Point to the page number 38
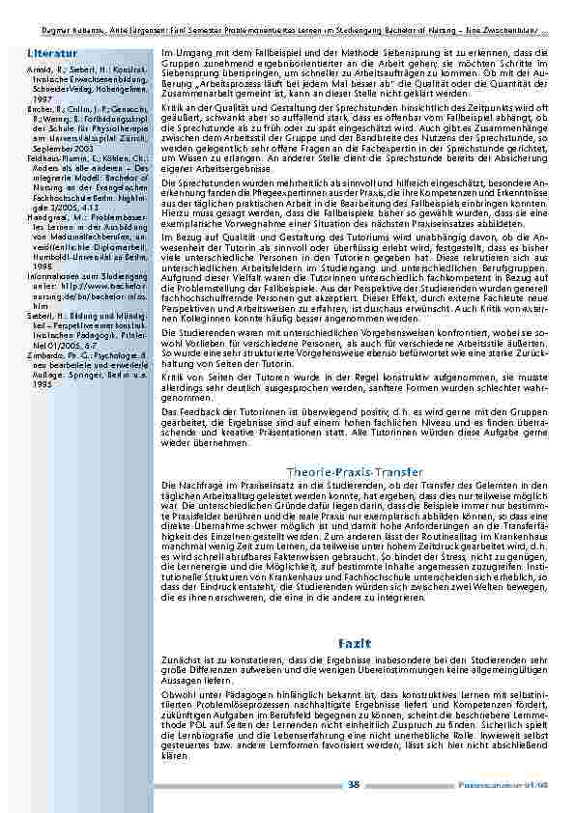(x=354, y=785)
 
